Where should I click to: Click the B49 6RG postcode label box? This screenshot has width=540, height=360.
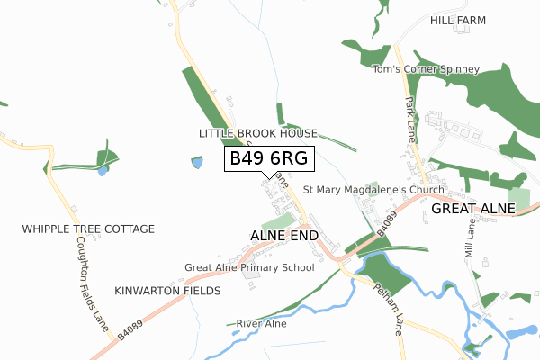click(x=269, y=158)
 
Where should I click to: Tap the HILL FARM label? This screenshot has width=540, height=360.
click(x=457, y=20)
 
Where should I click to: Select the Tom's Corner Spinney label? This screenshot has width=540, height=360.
click(x=426, y=69)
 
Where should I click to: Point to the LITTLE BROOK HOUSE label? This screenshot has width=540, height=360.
click(x=258, y=133)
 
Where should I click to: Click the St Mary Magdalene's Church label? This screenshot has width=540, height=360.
click(x=373, y=190)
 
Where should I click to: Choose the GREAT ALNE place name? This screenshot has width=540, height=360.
click(x=472, y=209)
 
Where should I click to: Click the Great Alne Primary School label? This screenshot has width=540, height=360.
click(x=249, y=267)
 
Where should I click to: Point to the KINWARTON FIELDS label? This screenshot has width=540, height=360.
click(x=167, y=292)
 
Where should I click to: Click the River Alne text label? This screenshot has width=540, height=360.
click(x=260, y=323)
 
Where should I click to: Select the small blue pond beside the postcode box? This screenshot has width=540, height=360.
click(x=197, y=163)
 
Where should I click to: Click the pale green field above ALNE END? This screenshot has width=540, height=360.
click(x=277, y=220)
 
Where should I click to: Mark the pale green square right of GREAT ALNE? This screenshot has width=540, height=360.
click(x=519, y=199)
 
